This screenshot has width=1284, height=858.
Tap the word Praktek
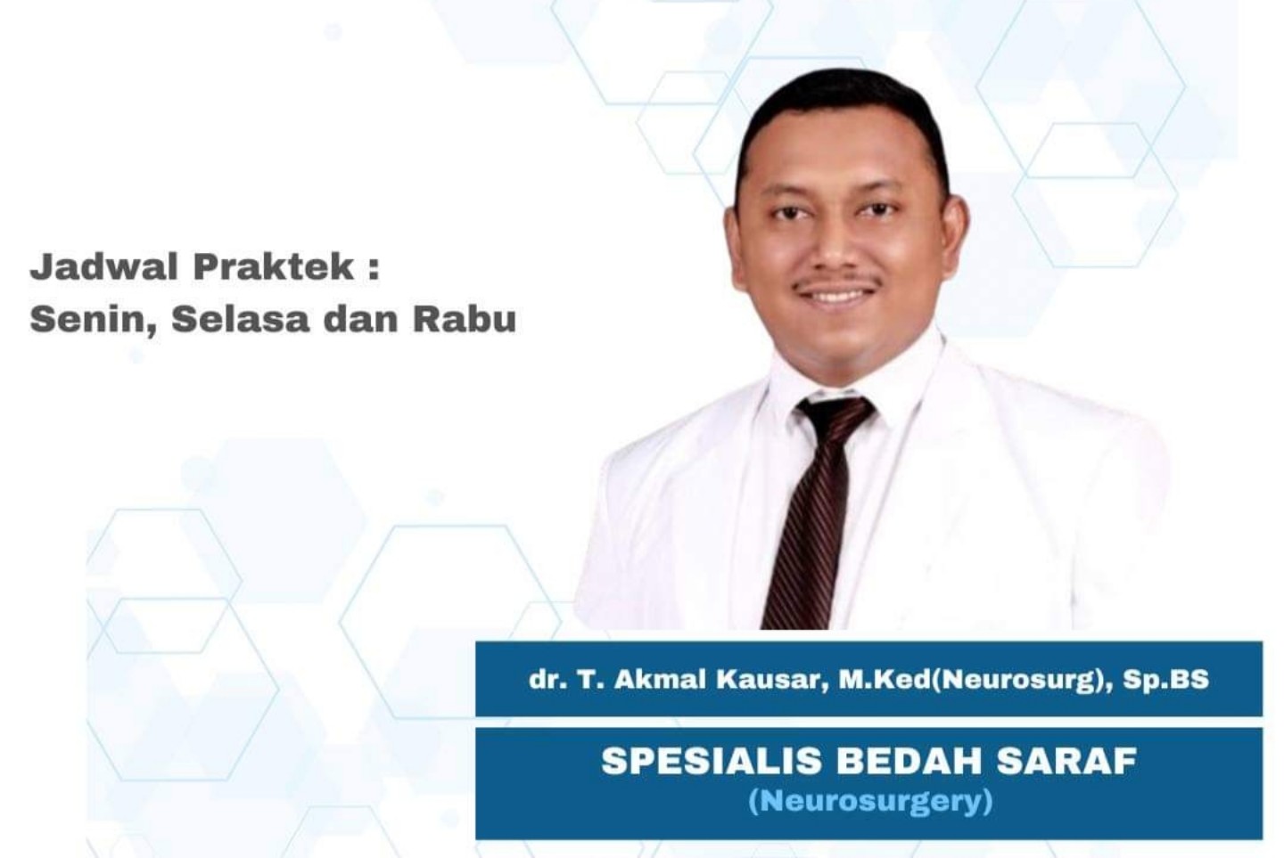tap(274, 266)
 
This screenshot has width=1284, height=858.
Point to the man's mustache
tap(837, 281)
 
